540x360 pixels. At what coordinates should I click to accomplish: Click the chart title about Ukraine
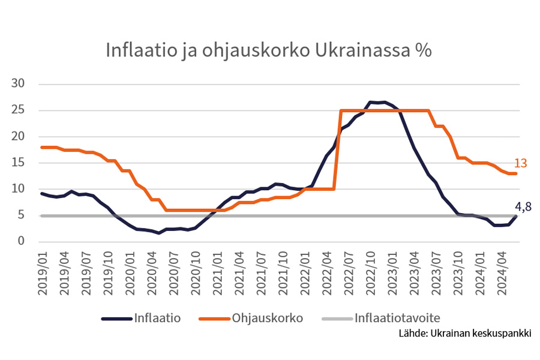(x=268, y=50)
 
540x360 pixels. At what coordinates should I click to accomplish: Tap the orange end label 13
(x=521, y=163)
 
